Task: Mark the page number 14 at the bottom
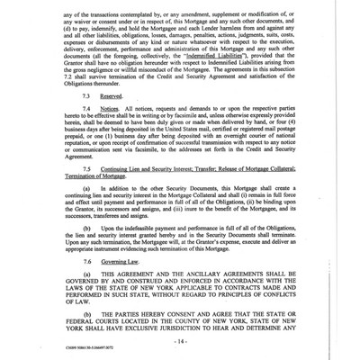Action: click(181, 342)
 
